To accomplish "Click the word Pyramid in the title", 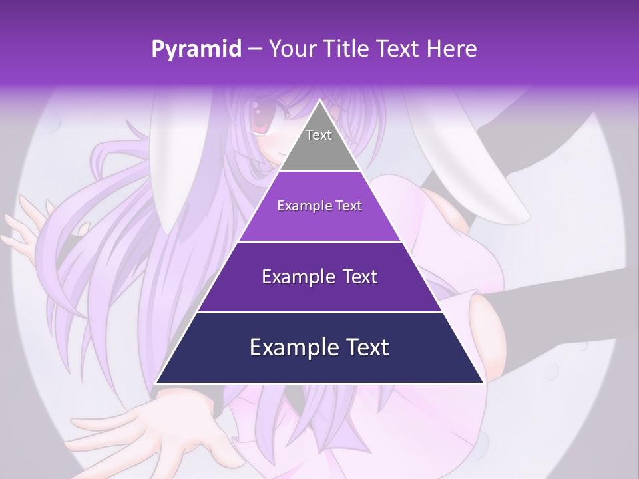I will tap(196, 49).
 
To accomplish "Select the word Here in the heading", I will tap(453, 49).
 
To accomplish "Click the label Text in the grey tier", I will tap(319, 135).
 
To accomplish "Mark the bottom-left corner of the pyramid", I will tap(157, 382).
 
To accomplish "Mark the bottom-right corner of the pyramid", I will tap(483, 382).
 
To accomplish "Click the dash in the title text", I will tap(254, 49).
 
